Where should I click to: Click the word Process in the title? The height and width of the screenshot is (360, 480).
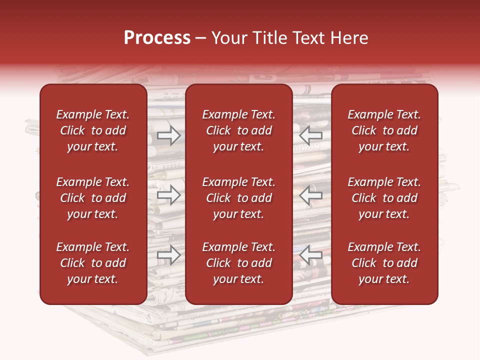click(157, 38)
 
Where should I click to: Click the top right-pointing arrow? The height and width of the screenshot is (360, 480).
click(169, 135)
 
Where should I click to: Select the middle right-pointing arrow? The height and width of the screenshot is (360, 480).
click(169, 195)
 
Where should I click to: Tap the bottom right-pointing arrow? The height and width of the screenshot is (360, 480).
click(169, 255)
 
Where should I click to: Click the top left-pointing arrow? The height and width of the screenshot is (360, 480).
click(310, 135)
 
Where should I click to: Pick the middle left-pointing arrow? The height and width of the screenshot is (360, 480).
click(310, 195)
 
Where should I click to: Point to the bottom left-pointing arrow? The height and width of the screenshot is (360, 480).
click(310, 255)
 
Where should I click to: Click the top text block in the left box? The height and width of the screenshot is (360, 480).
click(93, 130)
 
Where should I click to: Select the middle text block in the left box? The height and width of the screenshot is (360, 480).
click(93, 198)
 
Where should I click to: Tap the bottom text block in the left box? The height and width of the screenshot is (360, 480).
click(93, 263)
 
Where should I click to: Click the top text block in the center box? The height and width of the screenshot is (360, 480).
click(239, 130)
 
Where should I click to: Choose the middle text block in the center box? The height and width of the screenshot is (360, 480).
click(239, 198)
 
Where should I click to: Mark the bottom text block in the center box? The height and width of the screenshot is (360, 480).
click(239, 263)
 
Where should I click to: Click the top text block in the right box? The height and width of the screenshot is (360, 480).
click(384, 130)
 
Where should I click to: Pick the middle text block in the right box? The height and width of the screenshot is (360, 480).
click(384, 198)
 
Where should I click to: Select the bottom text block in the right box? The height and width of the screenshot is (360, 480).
click(384, 263)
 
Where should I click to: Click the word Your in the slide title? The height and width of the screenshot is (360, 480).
click(228, 38)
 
